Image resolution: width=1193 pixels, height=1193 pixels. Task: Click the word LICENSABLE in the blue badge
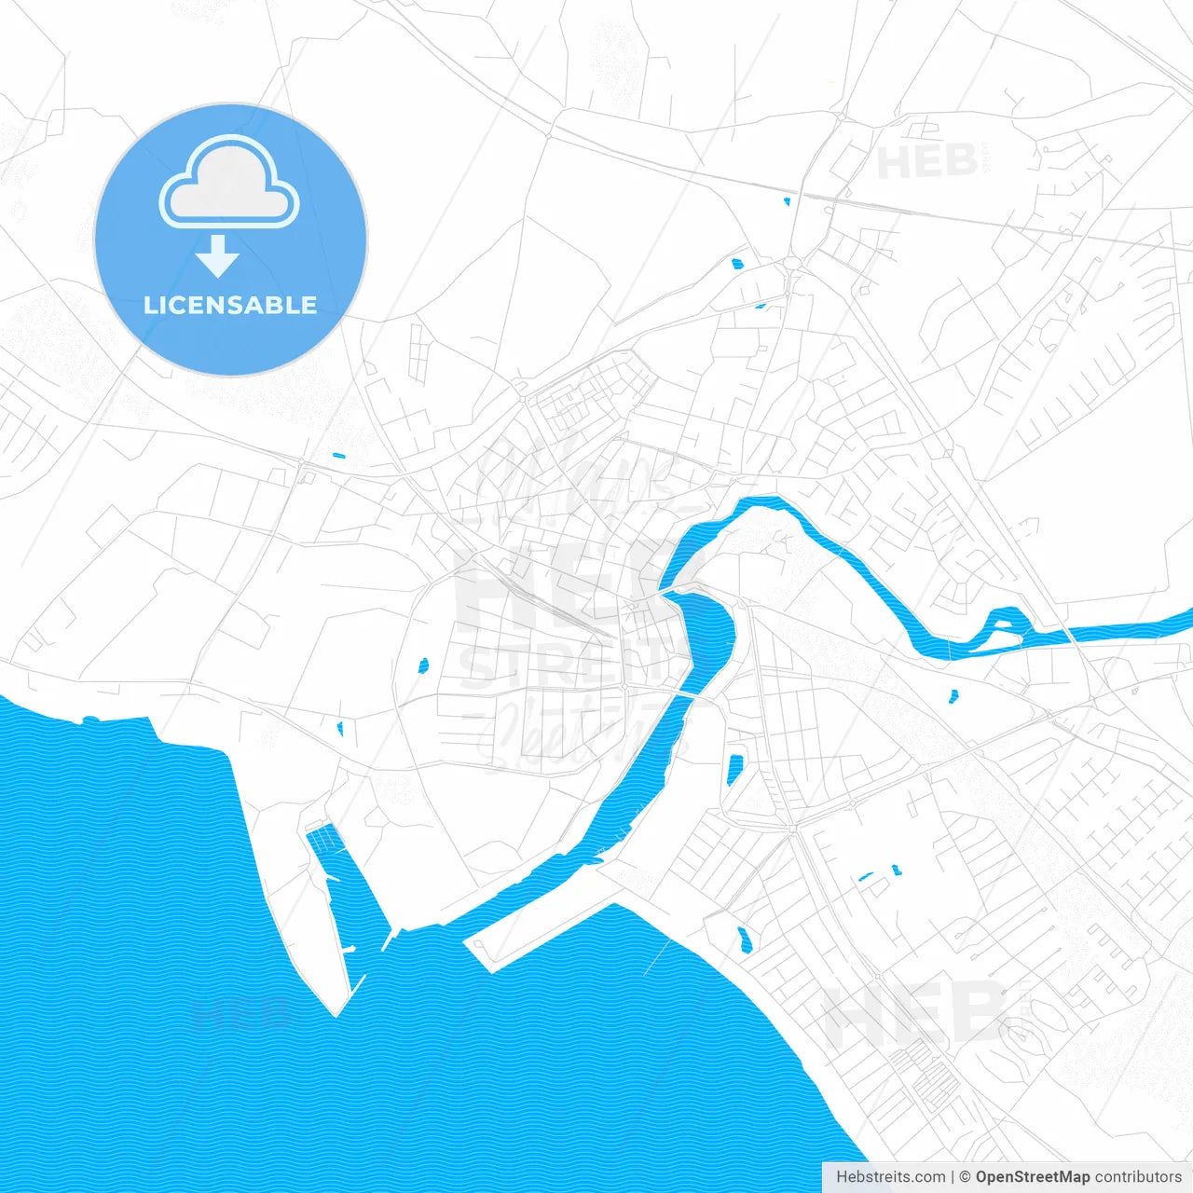pos(230,305)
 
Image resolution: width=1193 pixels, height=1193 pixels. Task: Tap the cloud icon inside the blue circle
pos(229,184)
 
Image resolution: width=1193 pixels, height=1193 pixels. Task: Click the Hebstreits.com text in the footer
pos(890,1177)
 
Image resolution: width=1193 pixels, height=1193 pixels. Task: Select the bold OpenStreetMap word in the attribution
pos(1033,1177)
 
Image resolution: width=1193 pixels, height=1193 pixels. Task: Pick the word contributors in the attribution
pos(1138,1177)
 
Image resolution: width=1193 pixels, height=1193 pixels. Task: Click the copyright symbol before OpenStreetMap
pos(966,1177)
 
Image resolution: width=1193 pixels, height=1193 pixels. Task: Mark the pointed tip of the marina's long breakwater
pos(337,1012)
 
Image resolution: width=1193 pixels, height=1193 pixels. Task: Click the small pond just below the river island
pos(953,695)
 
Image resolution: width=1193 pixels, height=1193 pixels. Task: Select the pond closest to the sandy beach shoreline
pos(744,939)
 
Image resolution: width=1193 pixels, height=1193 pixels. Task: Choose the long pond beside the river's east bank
pos(734,769)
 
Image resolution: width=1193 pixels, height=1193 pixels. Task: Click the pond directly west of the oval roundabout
pos(737,264)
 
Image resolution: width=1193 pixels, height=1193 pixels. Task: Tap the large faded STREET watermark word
pos(559,664)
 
